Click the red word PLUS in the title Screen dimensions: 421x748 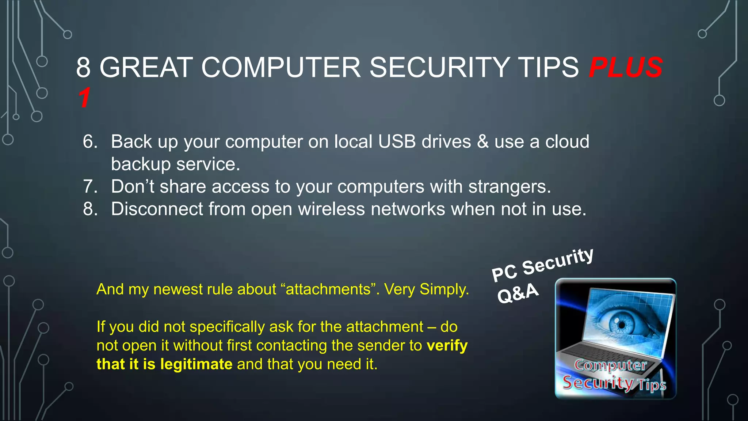tap(626, 68)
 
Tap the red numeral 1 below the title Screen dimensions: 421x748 tap(84, 98)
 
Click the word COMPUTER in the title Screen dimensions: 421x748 tap(281, 68)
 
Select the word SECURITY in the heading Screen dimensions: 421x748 tap(439, 68)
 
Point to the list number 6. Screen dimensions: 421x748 tap(90, 141)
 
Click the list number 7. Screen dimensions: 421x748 tap(90, 186)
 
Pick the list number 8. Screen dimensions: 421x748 tap(90, 209)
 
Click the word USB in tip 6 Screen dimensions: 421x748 tap(397, 141)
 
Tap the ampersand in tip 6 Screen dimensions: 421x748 tap(482, 141)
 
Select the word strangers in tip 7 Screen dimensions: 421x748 tap(509, 186)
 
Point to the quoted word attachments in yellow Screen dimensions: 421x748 tap(328, 289)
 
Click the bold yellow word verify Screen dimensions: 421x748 tap(447, 345)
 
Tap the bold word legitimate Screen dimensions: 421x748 tap(196, 364)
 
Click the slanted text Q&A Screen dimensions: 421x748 tap(518, 293)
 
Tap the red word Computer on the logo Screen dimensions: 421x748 tap(610, 365)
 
